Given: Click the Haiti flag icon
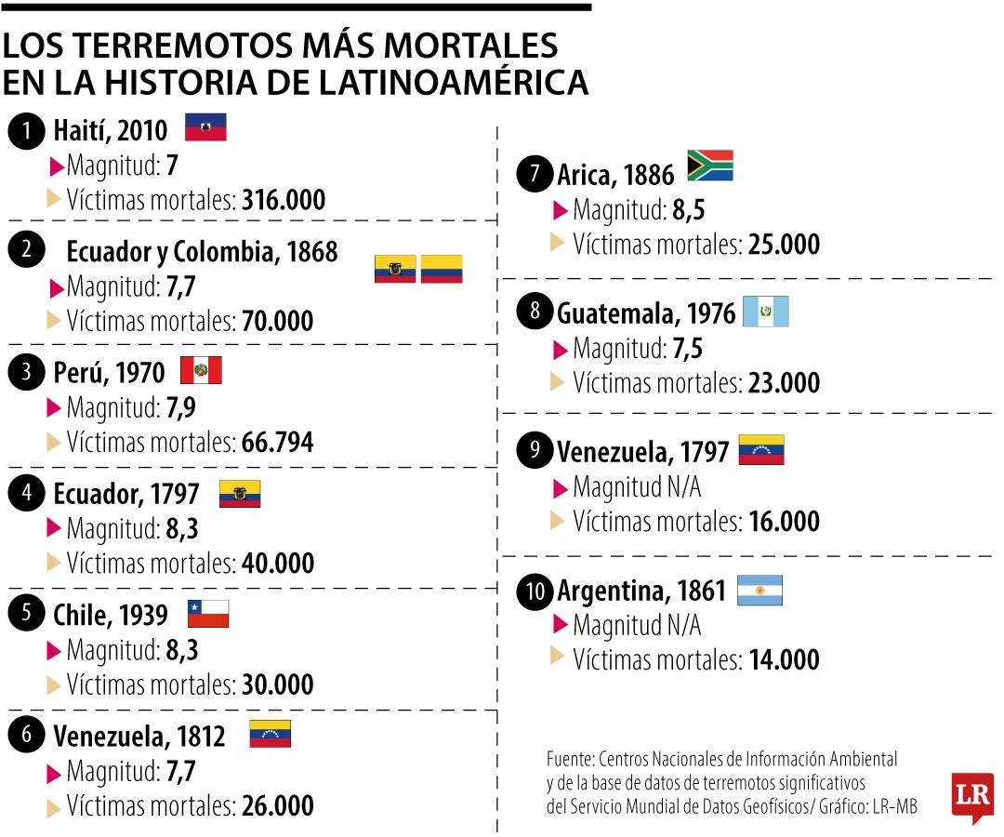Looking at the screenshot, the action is [x=205, y=126].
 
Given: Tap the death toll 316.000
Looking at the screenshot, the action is [x=284, y=200].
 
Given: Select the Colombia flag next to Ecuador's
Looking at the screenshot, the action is [x=442, y=269].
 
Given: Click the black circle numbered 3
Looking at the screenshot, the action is [x=26, y=372].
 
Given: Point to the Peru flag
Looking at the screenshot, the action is [x=201, y=370].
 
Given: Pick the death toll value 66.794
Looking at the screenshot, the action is [x=278, y=442].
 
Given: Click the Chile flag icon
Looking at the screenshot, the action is [x=208, y=614].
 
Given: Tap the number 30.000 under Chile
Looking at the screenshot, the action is [x=278, y=684].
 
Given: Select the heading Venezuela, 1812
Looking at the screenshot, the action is [x=139, y=736].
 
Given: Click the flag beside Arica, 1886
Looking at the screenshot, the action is [x=710, y=166].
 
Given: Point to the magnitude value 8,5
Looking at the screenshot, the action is [x=688, y=210].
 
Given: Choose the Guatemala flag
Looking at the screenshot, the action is [x=766, y=312].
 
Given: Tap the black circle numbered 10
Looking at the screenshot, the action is [x=535, y=591].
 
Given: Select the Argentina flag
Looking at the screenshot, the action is [x=760, y=591].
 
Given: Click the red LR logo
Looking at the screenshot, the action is [x=972, y=797].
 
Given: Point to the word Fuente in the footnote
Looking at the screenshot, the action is [x=569, y=760].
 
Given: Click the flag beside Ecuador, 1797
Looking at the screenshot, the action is [x=240, y=493].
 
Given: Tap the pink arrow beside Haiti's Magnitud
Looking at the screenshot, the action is [x=57, y=166].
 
